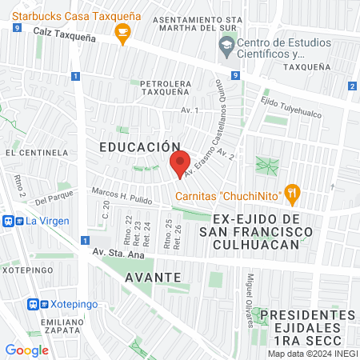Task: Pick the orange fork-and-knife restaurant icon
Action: (294, 191)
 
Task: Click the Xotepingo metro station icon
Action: (34, 304)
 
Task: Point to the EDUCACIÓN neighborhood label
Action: (140, 147)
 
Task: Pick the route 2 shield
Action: (352, 86)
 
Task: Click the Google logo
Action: (26, 350)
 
